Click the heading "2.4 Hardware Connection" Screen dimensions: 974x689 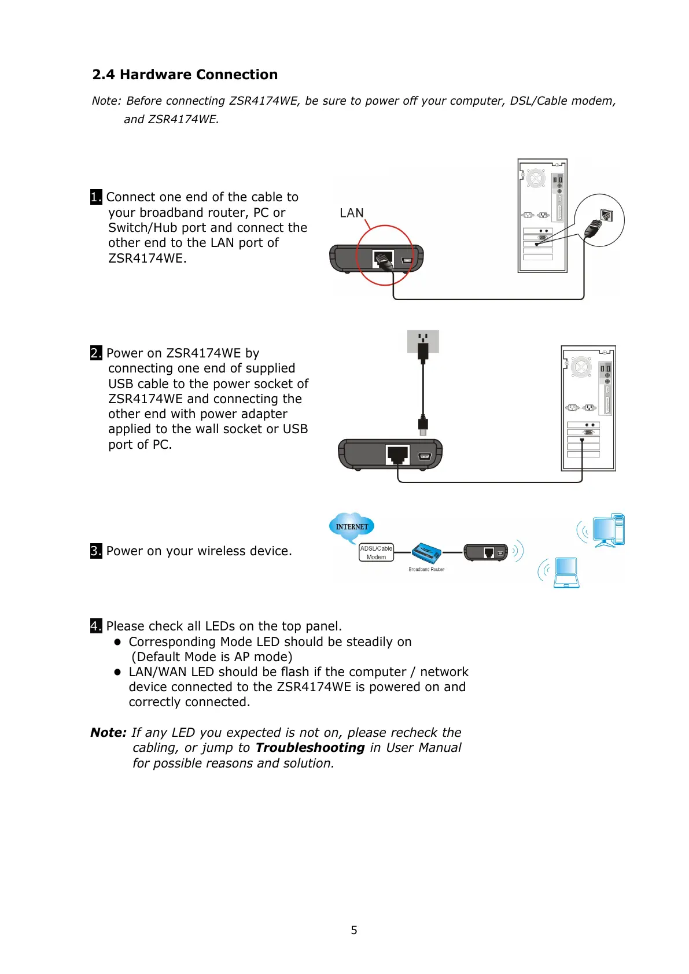tap(185, 75)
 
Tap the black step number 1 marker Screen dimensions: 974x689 tap(96, 197)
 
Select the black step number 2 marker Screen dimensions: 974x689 tap(96, 353)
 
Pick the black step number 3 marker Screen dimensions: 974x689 tap(96, 551)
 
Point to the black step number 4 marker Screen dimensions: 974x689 tap(96, 626)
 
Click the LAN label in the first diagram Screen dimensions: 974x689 tap(352, 213)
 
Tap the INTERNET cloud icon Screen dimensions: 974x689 tap(352, 527)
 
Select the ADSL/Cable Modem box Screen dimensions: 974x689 tap(376, 552)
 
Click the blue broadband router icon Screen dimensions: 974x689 tap(428, 554)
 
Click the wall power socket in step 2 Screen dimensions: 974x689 tap(423, 341)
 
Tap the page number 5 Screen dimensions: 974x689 tap(354, 930)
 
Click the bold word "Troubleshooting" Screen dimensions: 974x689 tap(310, 747)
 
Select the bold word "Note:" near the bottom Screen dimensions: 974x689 tap(108, 732)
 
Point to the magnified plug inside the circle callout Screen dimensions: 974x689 tap(595, 227)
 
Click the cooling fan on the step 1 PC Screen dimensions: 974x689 tap(536, 178)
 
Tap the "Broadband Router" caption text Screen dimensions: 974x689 tap(426, 570)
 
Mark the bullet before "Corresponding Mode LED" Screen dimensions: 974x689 tap(117, 641)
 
